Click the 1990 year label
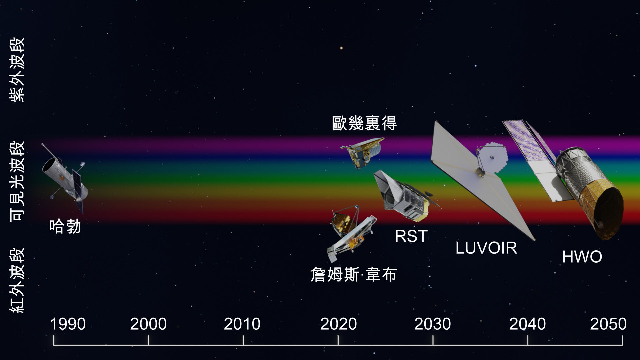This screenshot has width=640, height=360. pos(68,324)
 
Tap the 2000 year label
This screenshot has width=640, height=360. pos(148,324)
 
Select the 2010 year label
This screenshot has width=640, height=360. pos(242,324)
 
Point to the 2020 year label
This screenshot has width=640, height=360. pos(338,324)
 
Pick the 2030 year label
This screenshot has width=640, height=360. pos(432,324)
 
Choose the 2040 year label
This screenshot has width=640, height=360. pos(527,324)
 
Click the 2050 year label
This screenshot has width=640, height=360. pos(608,324)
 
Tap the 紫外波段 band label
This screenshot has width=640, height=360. pos(17,69)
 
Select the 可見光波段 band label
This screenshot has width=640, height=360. pos(17,181)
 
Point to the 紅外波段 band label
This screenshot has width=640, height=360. pos(17,280)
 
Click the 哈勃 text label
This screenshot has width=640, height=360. pos(65,226)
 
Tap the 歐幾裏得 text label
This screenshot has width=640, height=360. pos(364,123)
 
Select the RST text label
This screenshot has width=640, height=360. pos(411,236)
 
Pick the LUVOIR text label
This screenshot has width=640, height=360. pos(486,248)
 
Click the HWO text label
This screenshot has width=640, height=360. pos(582,257)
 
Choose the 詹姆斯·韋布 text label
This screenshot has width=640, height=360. pos(354,275)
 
